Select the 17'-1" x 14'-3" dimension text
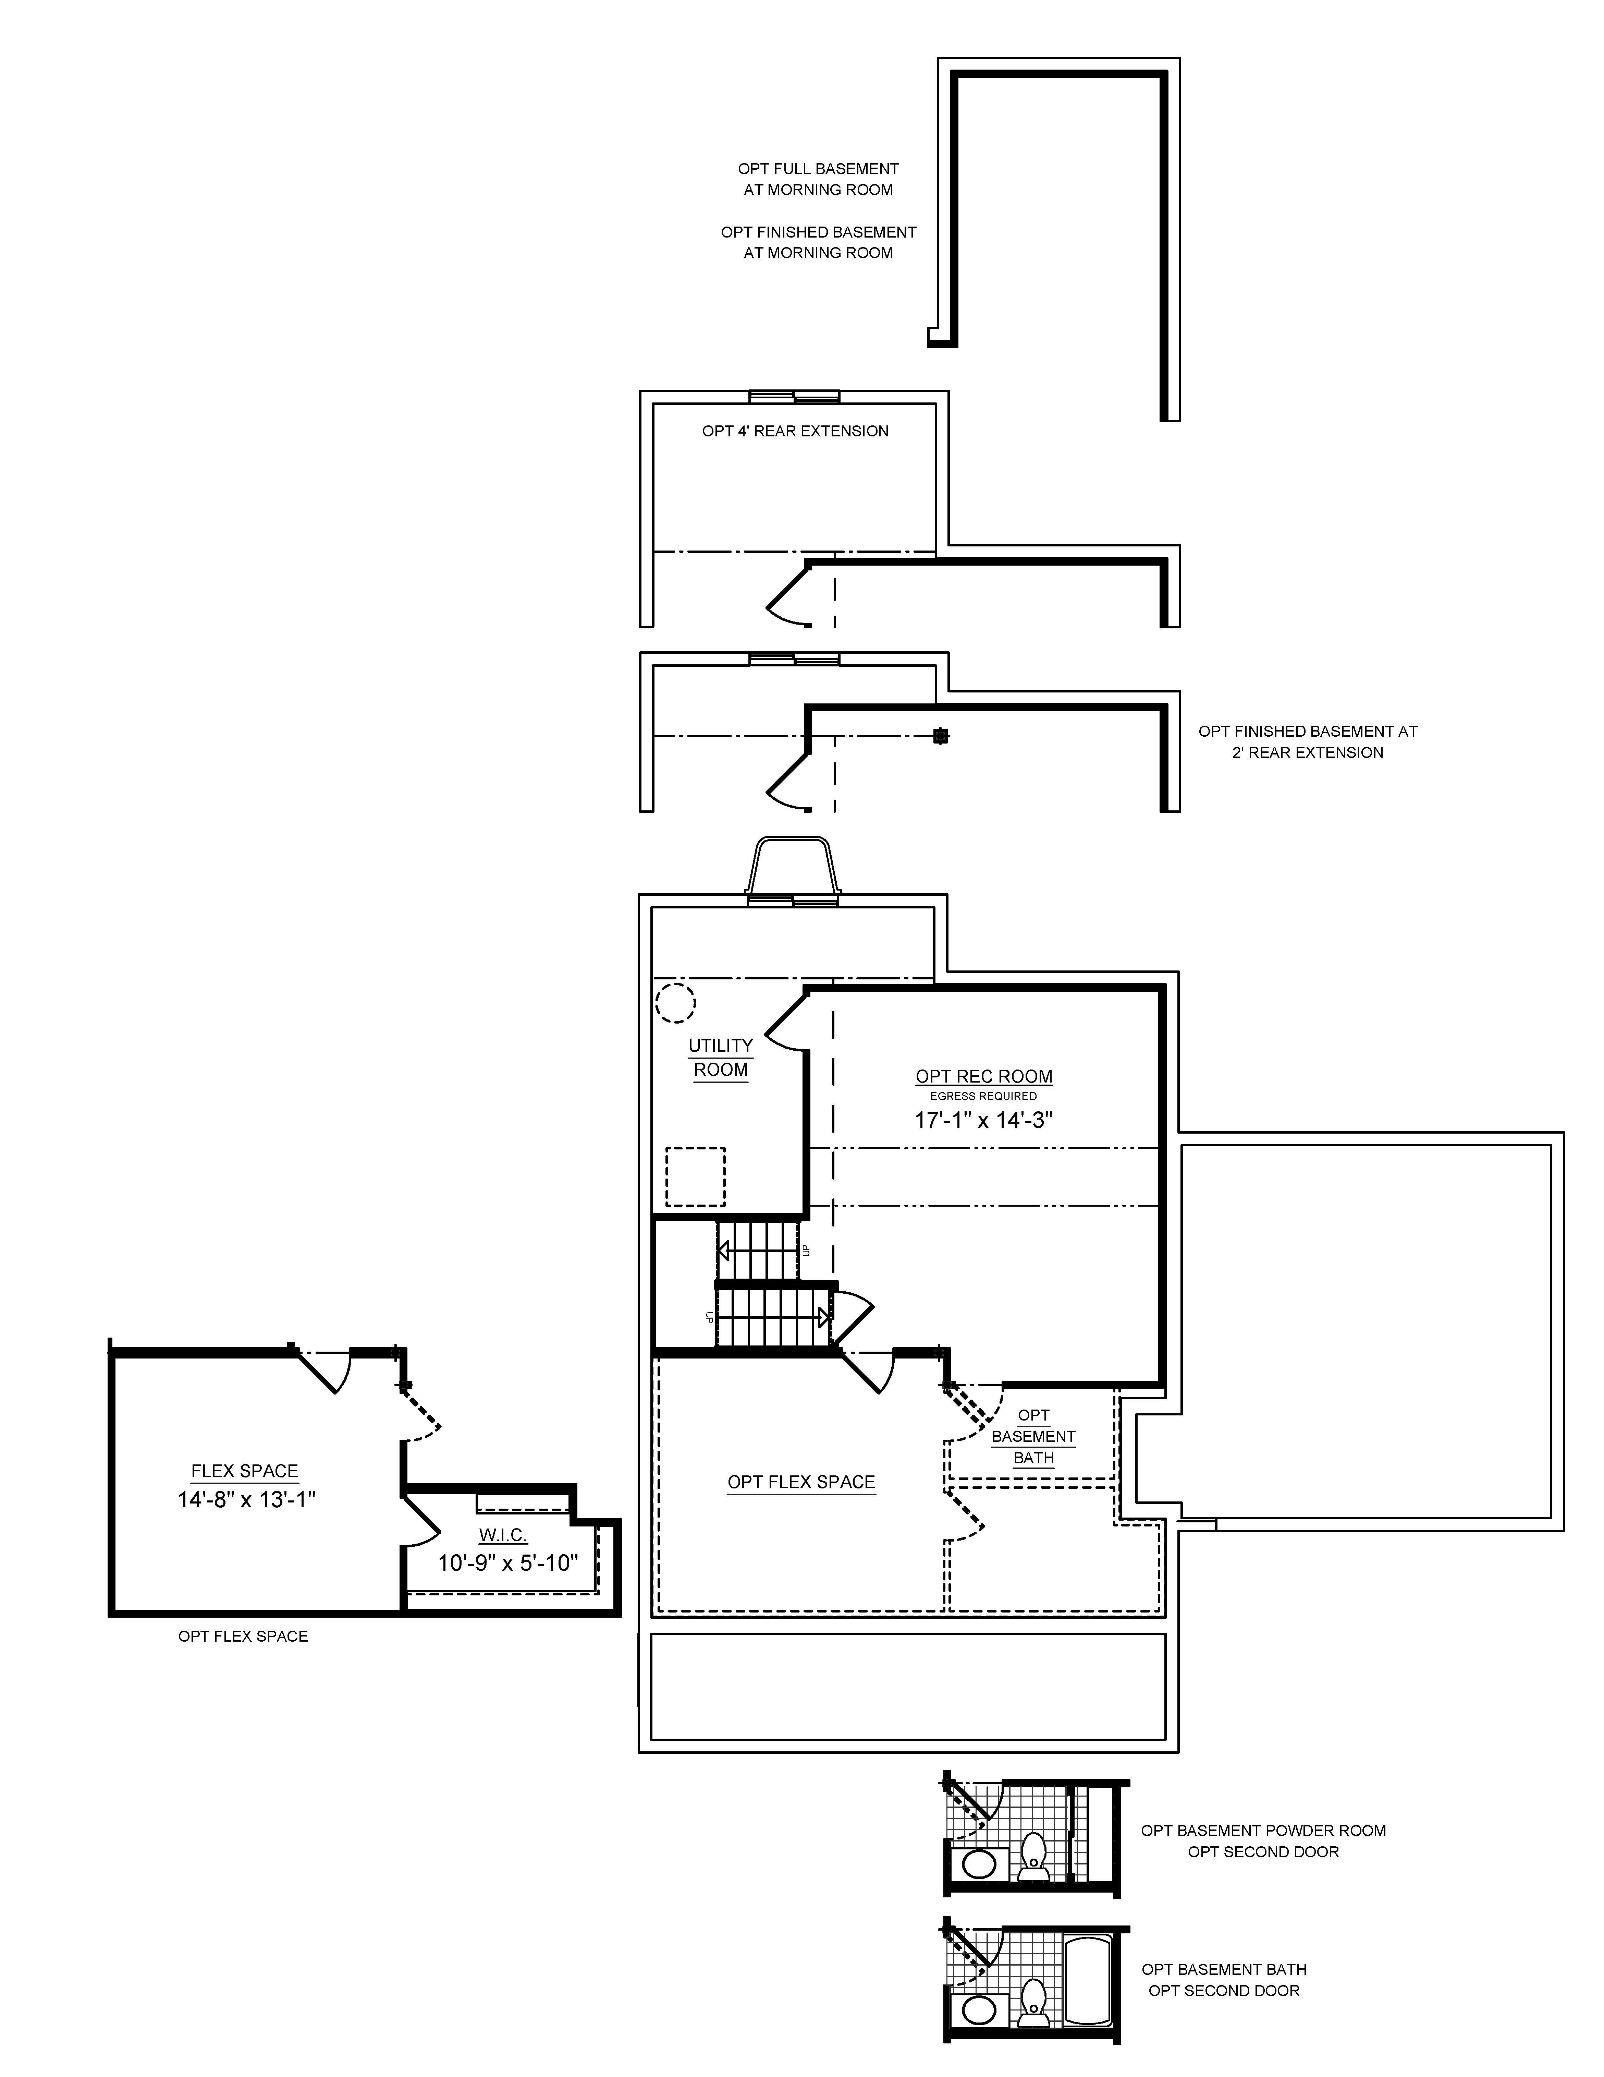pos(983,1120)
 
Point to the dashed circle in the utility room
pos(675,1002)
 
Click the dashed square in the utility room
pos(695,1176)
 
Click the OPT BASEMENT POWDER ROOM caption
pos(1263,1831)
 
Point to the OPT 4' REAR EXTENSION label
pos(795,431)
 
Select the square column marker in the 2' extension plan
pos(940,735)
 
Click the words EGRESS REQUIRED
pos(983,1097)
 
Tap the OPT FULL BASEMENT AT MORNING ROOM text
pos(818,179)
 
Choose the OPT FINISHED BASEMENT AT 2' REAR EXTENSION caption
pos(1307,742)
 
